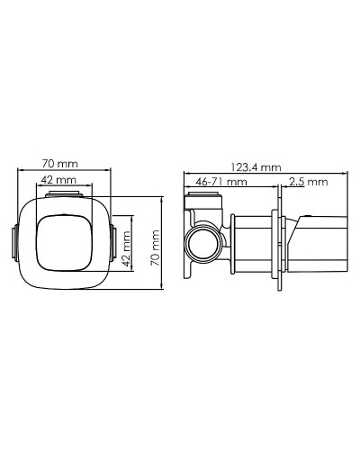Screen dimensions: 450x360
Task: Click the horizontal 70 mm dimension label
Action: pos(60,163)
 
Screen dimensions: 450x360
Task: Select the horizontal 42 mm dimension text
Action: pos(60,180)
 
